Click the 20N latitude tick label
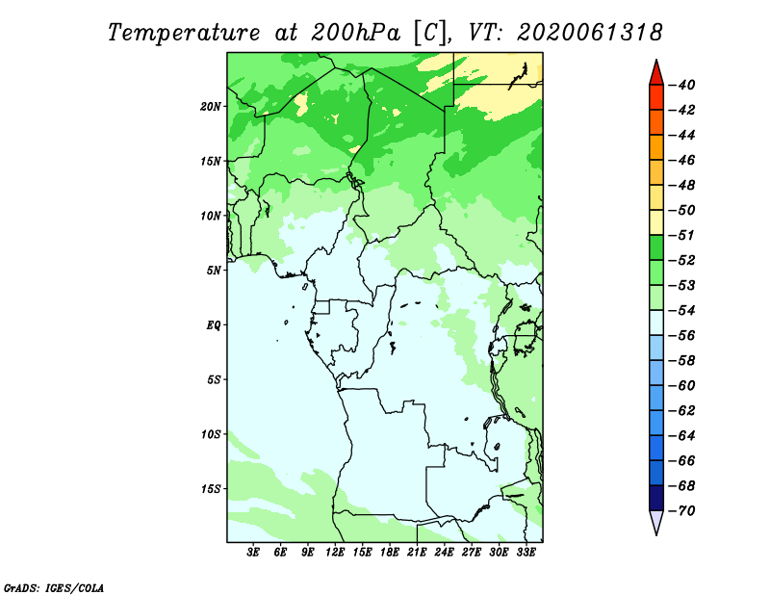click(211, 107)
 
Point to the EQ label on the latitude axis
click(214, 325)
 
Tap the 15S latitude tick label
click(211, 489)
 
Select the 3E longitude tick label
click(253, 552)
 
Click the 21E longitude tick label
click(417, 552)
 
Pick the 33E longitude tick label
click(526, 552)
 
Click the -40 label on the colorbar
click(681, 85)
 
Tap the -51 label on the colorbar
click(681, 235)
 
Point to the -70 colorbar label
click(681, 511)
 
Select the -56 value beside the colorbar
click(681, 336)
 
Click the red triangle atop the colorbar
click(656, 73)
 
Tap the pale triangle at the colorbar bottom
click(656, 523)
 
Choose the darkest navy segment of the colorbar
click(656, 498)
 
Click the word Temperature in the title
click(184, 34)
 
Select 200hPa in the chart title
click(355, 33)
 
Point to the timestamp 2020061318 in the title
click(589, 33)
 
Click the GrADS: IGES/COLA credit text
click(54, 587)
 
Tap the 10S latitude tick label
click(211, 434)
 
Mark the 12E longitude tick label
click(334, 552)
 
